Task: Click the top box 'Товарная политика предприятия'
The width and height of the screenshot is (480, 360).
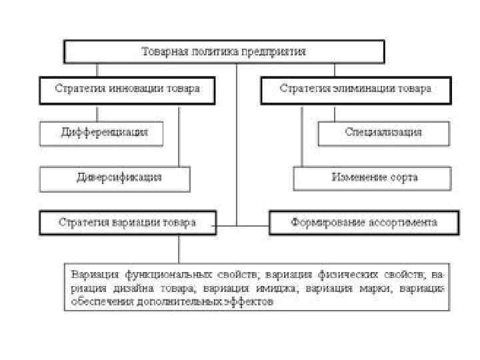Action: click(x=223, y=51)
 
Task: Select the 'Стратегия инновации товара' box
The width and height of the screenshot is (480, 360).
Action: click(x=127, y=89)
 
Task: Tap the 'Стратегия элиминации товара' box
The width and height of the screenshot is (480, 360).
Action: click(x=355, y=89)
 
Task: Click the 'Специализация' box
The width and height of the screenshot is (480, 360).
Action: click(x=383, y=132)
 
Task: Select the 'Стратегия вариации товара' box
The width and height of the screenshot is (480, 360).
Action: click(x=127, y=223)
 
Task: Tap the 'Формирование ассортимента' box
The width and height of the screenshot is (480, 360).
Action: click(x=363, y=223)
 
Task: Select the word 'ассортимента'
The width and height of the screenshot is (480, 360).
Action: click(x=401, y=223)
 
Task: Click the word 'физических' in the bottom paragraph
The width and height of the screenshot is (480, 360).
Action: click(x=345, y=275)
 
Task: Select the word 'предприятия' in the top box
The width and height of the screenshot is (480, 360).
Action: click(x=275, y=51)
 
